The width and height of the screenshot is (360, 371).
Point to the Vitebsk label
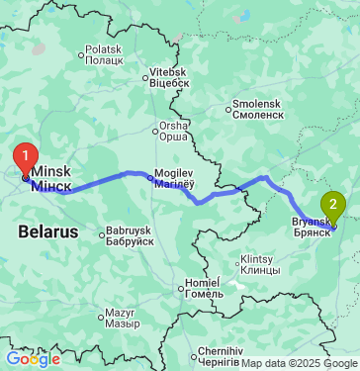[168, 78]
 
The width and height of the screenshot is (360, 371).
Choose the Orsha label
[173, 133]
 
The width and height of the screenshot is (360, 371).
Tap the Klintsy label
[261, 265]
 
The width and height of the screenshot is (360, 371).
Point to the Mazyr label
[126, 318]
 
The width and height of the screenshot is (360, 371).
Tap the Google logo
[34, 358]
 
